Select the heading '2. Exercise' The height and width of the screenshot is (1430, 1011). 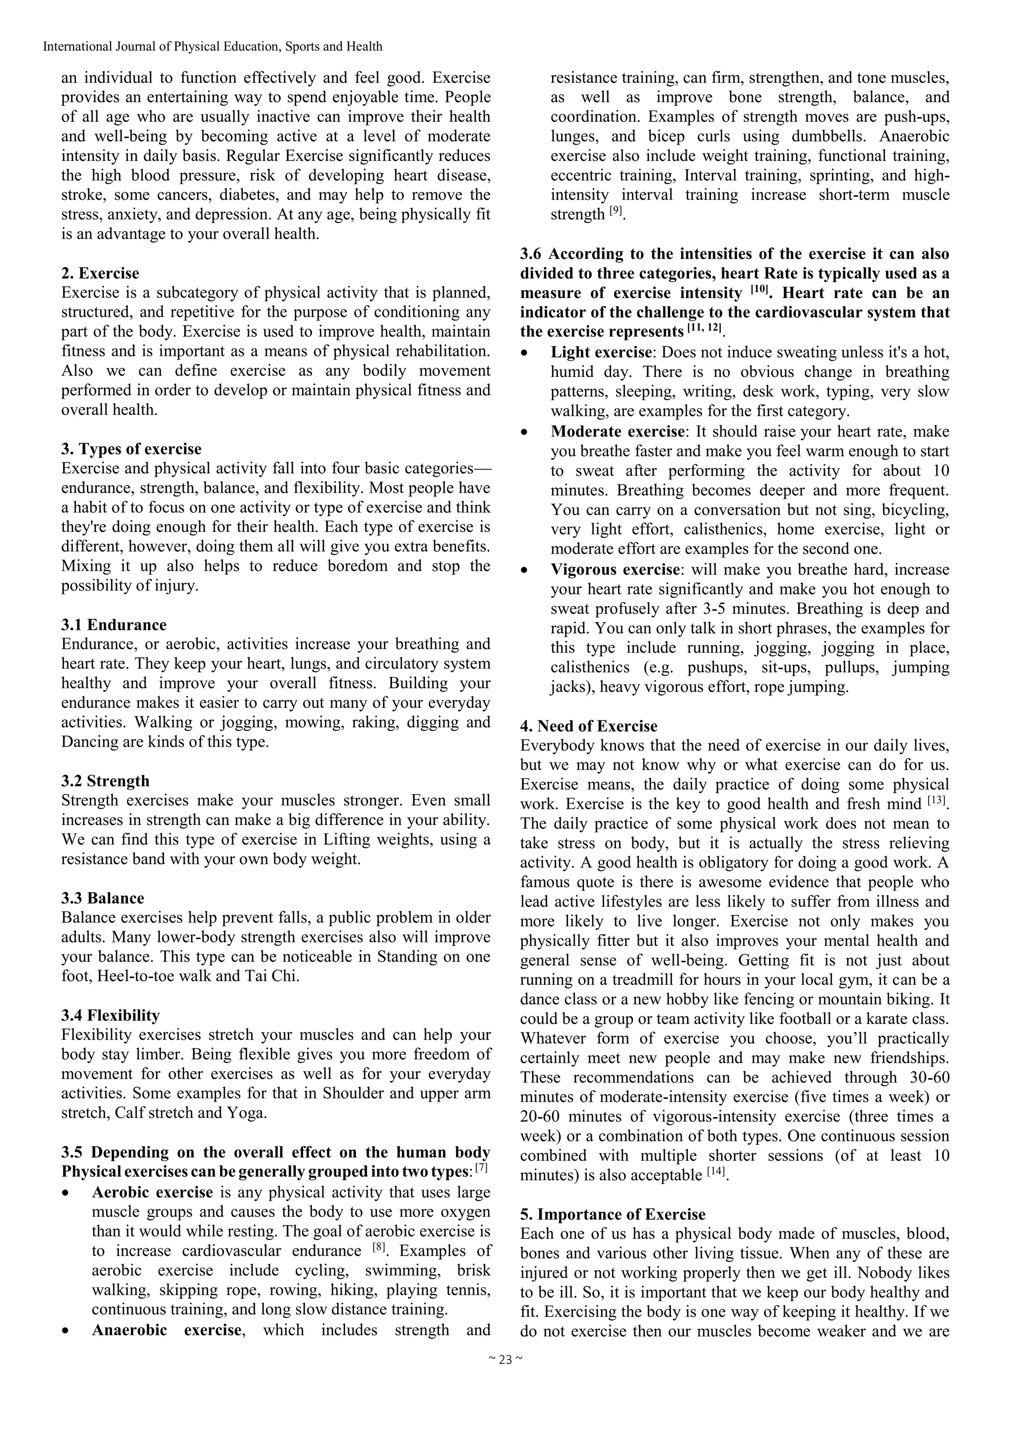click(x=100, y=273)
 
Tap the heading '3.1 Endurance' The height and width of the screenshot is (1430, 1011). click(x=114, y=625)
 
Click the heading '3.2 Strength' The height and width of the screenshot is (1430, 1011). click(x=105, y=781)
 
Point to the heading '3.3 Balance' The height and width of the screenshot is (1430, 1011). click(x=103, y=898)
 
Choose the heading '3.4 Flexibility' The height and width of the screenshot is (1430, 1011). click(x=110, y=1015)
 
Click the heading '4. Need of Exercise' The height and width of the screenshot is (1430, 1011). click(x=588, y=726)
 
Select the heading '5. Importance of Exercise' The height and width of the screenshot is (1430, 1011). click(x=612, y=1214)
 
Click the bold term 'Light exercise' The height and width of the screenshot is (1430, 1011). click(x=600, y=352)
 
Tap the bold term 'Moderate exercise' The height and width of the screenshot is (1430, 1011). click(x=617, y=431)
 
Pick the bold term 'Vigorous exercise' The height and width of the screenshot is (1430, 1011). click(x=615, y=569)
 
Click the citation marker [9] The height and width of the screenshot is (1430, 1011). click(x=616, y=212)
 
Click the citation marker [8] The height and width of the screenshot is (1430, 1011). click(x=379, y=1248)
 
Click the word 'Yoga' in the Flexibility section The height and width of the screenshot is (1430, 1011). click(x=244, y=1113)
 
